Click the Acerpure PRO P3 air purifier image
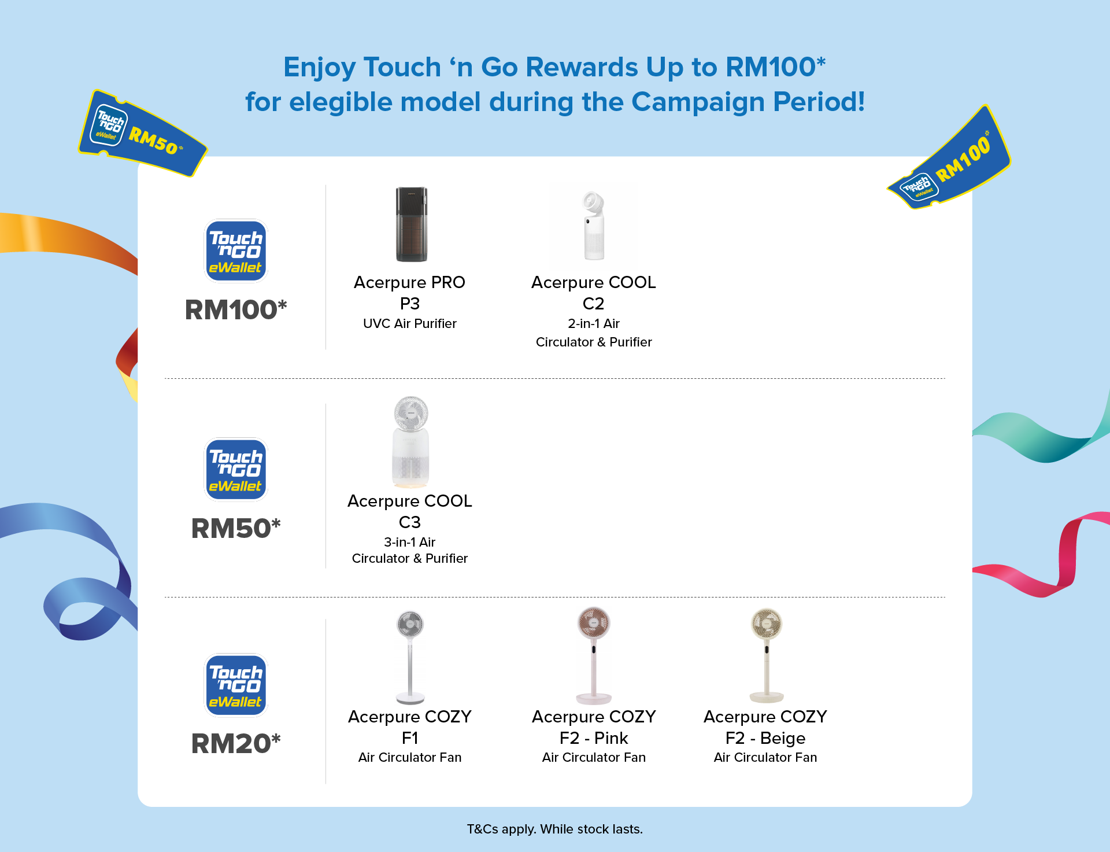(411, 224)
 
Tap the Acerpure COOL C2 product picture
(594, 226)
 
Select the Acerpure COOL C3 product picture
(410, 442)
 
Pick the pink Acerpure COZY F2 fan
(594, 656)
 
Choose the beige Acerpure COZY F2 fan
(767, 656)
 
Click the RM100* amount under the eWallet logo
(236, 309)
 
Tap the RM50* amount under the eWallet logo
(236, 528)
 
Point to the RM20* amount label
(236, 743)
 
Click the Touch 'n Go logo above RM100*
(236, 250)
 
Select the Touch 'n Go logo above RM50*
(236, 469)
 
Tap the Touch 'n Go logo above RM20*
(236, 685)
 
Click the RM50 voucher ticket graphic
(143, 134)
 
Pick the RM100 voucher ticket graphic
(949, 159)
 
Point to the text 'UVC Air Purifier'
(410, 323)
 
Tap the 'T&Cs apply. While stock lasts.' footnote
(555, 829)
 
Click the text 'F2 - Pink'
(594, 738)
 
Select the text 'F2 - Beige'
(765, 738)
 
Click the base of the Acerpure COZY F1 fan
(410, 699)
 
